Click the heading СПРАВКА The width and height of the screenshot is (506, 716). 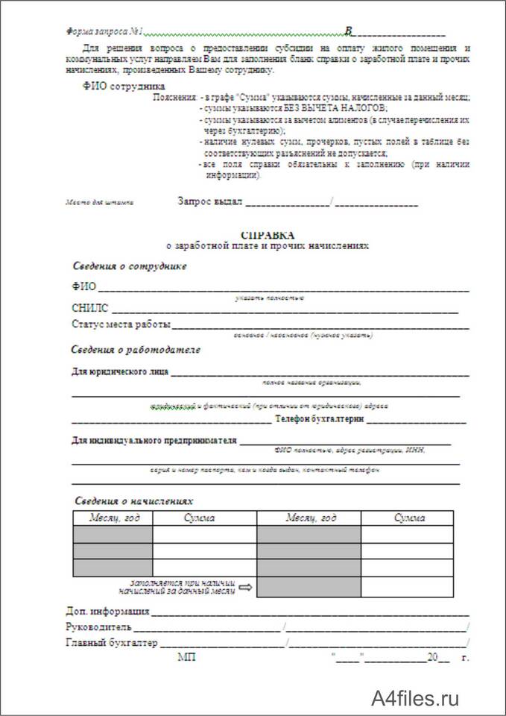tap(268, 234)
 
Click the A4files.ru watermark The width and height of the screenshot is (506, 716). tap(416, 698)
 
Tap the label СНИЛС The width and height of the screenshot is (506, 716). tap(90, 307)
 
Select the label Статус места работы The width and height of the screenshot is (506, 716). tap(121, 324)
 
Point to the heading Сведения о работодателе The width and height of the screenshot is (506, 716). tap(136, 349)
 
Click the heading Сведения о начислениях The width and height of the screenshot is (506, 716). tap(135, 502)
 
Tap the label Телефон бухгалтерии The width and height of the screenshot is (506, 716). tap(319, 421)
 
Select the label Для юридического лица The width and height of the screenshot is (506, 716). tap(120, 371)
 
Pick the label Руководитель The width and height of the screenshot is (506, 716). tap(99, 626)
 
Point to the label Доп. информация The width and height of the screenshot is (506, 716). tap(107, 612)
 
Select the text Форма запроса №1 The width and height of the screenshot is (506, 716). tap(104, 32)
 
